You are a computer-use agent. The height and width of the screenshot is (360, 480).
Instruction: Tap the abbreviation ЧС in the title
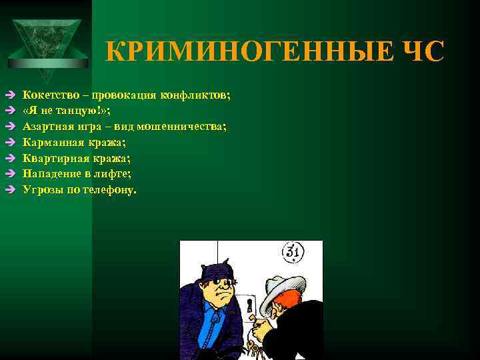tap(419, 51)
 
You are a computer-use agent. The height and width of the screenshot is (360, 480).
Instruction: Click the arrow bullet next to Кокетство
tap(9, 95)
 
